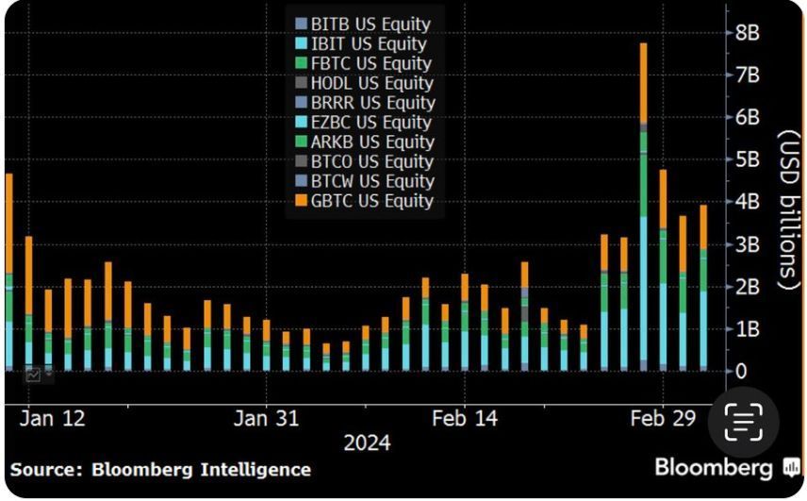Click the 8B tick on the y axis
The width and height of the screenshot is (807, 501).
pos(747,32)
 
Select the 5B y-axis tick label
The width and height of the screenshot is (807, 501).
pos(747,159)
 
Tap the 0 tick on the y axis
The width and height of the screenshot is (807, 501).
pos(742,372)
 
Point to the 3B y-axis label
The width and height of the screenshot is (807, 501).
pos(747,244)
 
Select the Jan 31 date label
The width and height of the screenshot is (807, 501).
pos(266,419)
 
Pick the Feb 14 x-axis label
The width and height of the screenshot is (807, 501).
pos(464,419)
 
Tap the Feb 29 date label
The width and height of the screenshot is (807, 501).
pos(662,419)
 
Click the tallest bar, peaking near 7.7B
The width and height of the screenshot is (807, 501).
pos(643,208)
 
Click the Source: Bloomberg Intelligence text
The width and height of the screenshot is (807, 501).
pos(160,469)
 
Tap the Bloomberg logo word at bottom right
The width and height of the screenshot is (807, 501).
pos(715,467)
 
